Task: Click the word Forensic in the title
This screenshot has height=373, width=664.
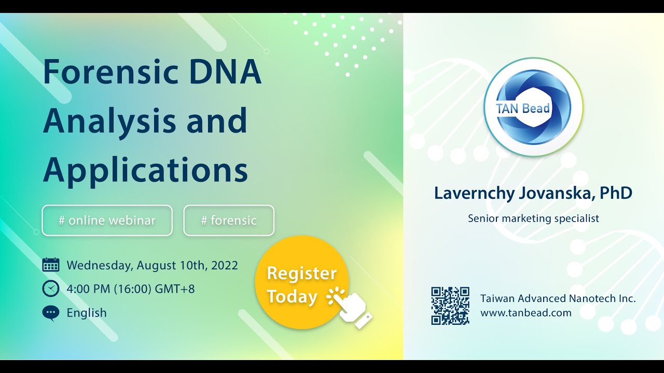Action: (x=111, y=72)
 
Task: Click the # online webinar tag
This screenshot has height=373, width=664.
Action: (x=107, y=221)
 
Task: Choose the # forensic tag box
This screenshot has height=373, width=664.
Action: (x=229, y=221)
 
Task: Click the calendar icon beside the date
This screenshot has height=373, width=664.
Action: (x=51, y=265)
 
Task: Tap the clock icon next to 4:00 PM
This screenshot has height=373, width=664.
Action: (x=51, y=289)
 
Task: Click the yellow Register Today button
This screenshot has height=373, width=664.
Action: (x=302, y=282)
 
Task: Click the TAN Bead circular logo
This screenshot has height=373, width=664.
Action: (x=533, y=107)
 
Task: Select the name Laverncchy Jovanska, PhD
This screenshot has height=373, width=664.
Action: (x=533, y=194)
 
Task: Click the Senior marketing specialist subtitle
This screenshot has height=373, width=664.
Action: (x=533, y=219)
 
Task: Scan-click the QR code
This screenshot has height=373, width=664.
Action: (x=450, y=306)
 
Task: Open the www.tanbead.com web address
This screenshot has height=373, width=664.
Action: (x=526, y=313)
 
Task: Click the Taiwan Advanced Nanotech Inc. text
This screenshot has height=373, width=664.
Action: (x=558, y=298)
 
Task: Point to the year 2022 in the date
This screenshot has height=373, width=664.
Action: (x=225, y=265)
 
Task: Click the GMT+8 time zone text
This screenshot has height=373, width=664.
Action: (x=175, y=289)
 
